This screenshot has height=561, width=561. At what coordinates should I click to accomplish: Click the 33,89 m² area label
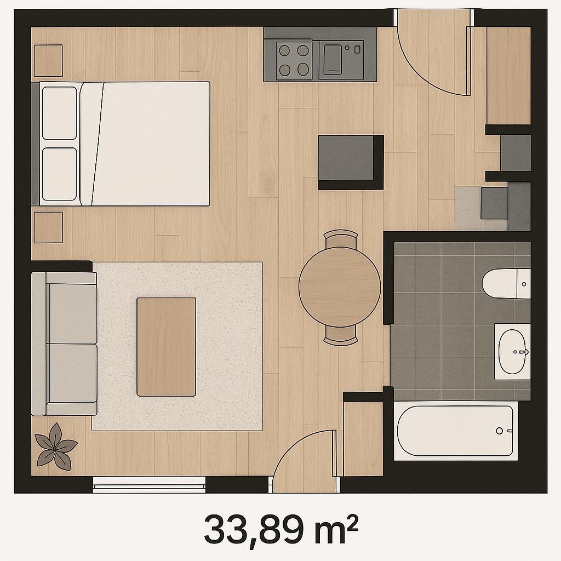(281, 530)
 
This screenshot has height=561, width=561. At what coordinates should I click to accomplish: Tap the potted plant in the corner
(56, 447)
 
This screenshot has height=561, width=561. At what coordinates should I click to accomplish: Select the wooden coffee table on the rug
(167, 347)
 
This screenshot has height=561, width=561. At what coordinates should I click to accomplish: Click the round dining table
(340, 287)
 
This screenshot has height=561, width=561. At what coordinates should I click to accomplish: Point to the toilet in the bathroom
(506, 283)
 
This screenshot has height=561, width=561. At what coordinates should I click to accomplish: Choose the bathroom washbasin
(512, 352)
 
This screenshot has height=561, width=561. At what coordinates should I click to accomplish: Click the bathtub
(455, 431)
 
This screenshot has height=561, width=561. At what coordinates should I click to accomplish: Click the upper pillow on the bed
(59, 113)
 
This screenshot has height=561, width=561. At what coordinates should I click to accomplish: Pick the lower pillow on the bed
(59, 174)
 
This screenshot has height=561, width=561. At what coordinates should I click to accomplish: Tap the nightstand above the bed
(48, 60)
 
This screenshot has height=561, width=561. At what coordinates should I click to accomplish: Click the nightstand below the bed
(48, 227)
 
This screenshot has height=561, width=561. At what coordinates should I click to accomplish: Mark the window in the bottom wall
(149, 485)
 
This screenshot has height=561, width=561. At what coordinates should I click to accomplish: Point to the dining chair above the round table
(341, 238)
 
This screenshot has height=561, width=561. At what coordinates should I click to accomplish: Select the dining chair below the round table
(341, 336)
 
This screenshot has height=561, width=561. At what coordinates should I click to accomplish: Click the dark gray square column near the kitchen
(351, 162)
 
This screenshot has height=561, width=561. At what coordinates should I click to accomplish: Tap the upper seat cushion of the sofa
(72, 313)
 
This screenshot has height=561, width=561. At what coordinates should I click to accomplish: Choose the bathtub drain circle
(500, 431)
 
